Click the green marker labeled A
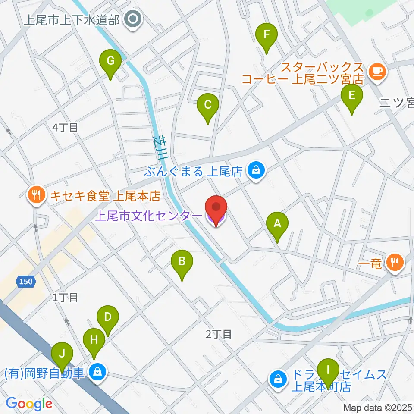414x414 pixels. (277, 224)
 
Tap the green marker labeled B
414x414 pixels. (182, 262)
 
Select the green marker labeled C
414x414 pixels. (208, 105)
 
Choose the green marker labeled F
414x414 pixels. (267, 34)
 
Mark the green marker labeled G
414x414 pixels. (110, 61)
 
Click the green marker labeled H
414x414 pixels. (94, 340)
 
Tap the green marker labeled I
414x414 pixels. (328, 370)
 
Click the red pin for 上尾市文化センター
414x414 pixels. (216, 208)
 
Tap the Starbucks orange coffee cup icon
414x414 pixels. (377, 70)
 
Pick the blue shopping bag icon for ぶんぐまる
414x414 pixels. (256, 171)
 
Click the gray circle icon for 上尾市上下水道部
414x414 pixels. (132, 19)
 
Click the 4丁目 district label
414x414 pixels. (65, 128)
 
